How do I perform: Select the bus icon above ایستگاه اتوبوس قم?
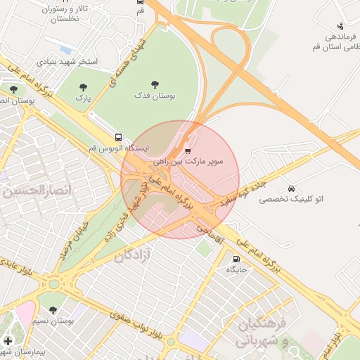(x=117, y=138)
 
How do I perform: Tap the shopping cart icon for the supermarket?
(x=188, y=150)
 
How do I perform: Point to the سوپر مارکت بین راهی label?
(x=188, y=162)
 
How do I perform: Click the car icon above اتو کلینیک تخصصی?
(x=291, y=188)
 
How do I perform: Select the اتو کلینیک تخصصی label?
(x=291, y=200)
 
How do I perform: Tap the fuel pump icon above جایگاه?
(x=234, y=257)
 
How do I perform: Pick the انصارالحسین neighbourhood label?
(x=32, y=190)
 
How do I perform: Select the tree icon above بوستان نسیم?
(x=53, y=310)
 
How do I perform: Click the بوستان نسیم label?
(x=53, y=321)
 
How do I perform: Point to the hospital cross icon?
(x=8, y=341)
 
